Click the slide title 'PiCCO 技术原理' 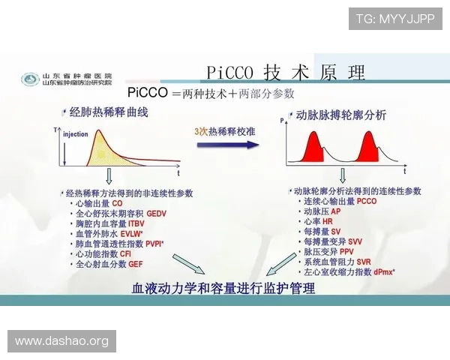[x=285, y=72]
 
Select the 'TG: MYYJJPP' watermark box [x=395, y=18]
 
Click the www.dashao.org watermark [x=62, y=341]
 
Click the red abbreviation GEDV [x=157, y=214]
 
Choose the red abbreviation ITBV [x=136, y=223]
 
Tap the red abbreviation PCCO [x=367, y=201]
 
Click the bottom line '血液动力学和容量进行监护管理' [x=223, y=289]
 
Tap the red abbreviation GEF [x=136, y=264]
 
